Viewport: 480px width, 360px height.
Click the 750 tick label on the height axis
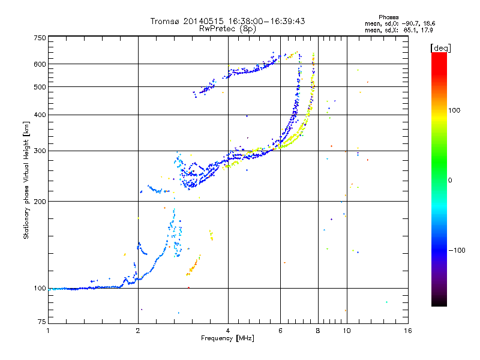40,38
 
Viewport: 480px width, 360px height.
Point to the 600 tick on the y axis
40,64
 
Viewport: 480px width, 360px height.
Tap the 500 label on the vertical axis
40,86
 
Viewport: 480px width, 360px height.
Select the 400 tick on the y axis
40,115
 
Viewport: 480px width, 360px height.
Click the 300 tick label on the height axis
40,151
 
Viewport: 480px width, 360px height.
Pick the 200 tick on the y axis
40,201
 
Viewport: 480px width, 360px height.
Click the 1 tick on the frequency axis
48,331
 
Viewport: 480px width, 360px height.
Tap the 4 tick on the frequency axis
228,331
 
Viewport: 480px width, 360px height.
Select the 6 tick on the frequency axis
281,331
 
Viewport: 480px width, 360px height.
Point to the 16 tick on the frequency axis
407,331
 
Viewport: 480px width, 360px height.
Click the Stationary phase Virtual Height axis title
26,180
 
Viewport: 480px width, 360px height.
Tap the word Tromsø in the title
166,21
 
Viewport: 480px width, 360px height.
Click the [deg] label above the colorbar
441,47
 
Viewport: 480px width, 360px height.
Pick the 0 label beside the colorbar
449,180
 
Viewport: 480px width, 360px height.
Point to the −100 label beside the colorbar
456,250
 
